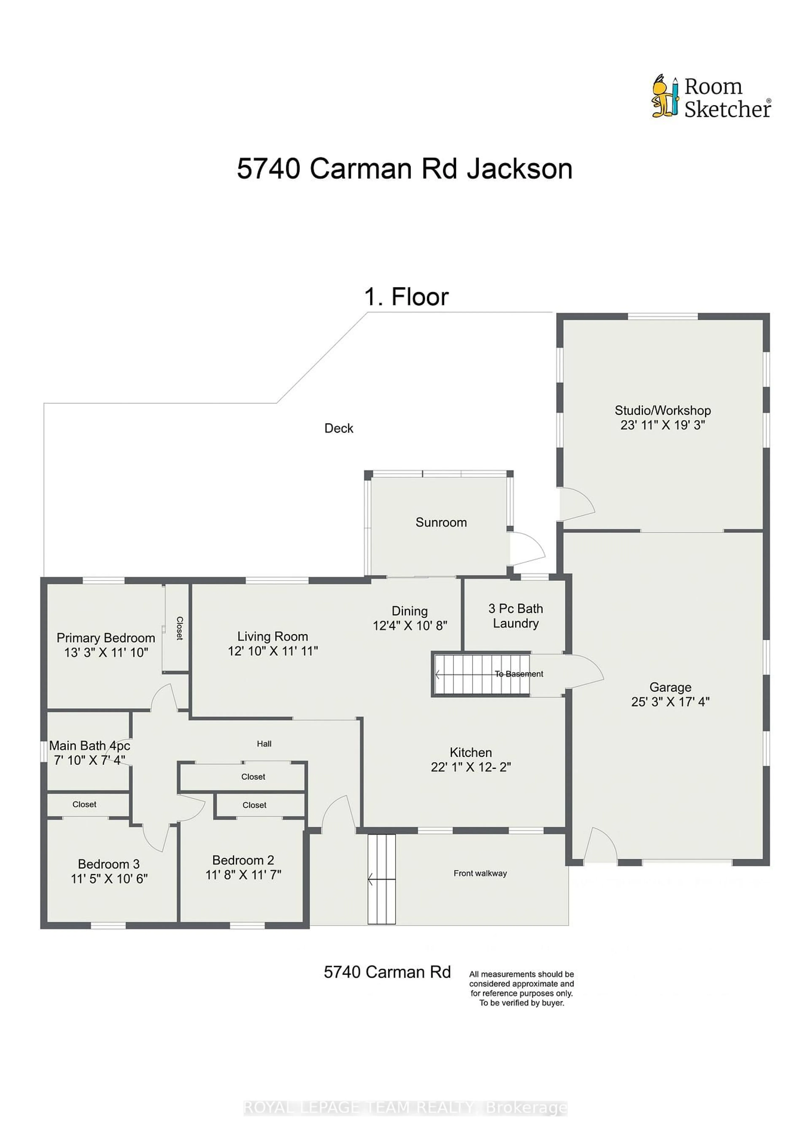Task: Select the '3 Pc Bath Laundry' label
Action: click(516, 616)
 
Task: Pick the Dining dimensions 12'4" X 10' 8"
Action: click(410, 625)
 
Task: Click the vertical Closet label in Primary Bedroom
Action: click(179, 628)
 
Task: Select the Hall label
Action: click(264, 744)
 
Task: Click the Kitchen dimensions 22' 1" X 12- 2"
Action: click(471, 767)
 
